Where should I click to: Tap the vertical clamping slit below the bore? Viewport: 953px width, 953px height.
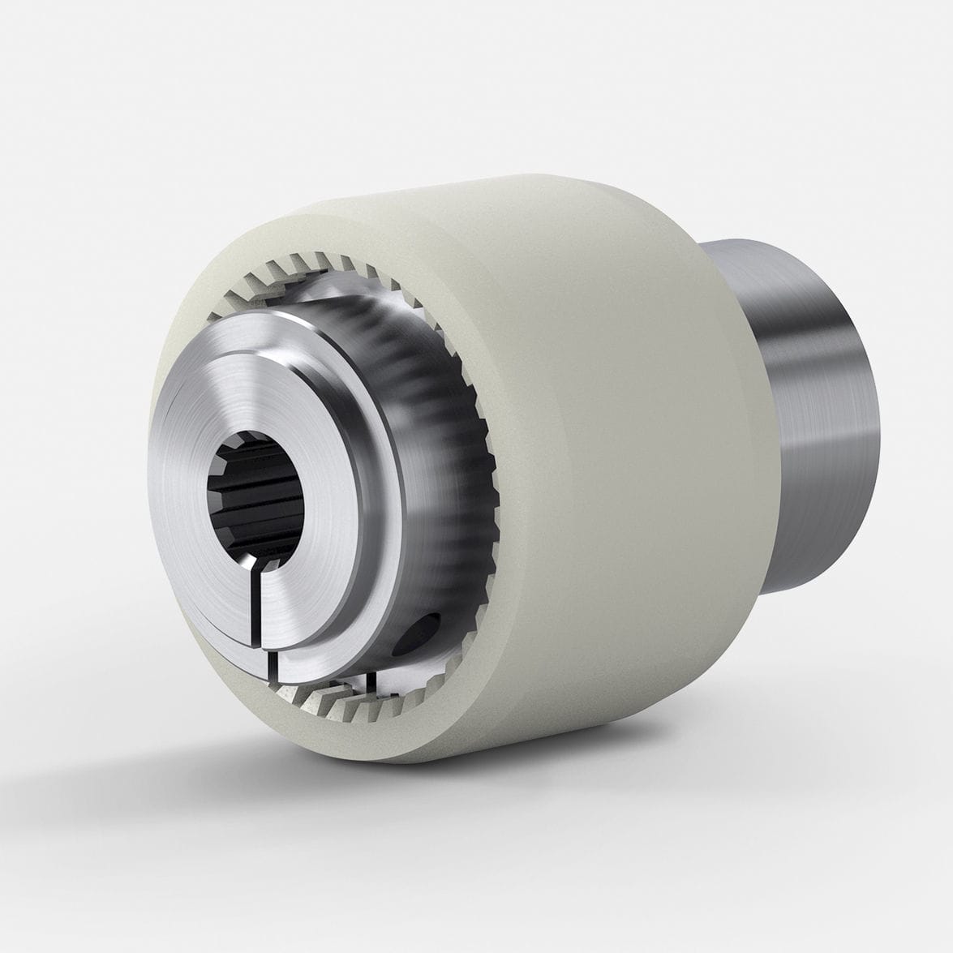coord(262,604)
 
